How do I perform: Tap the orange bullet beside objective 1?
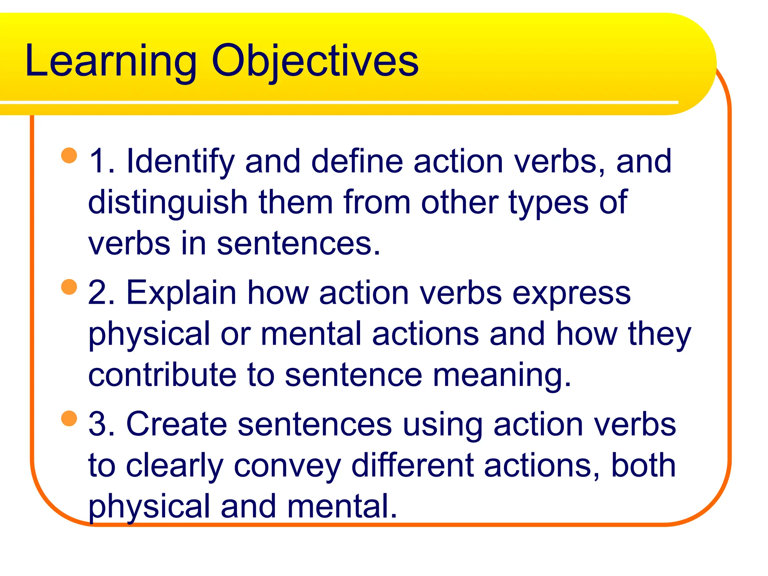coord(69,156)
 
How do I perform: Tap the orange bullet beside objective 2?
coord(69,287)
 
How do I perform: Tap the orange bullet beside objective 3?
coord(69,418)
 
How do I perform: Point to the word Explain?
coord(181,293)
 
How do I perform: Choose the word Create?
coord(177,424)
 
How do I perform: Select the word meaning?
coord(502,376)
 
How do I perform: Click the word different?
coord(412,465)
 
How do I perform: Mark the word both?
coord(643,465)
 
